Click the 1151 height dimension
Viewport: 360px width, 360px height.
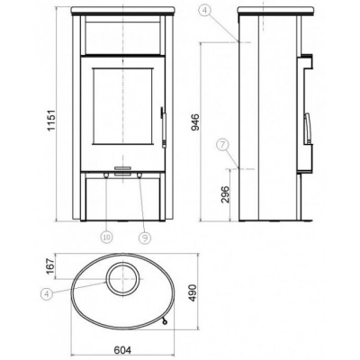pyautogui.click(x=52, y=120)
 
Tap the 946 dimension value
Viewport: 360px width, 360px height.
pyautogui.click(x=195, y=122)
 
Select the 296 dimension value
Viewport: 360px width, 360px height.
pyautogui.click(x=225, y=194)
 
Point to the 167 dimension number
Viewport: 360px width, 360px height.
pyautogui.click(x=50, y=266)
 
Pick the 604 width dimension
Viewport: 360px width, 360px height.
pyautogui.click(x=122, y=350)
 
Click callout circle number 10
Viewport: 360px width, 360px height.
pyautogui.click(x=107, y=238)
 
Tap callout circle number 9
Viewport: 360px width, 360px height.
pyautogui.click(x=145, y=238)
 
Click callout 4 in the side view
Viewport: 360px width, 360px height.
pyautogui.click(x=205, y=11)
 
